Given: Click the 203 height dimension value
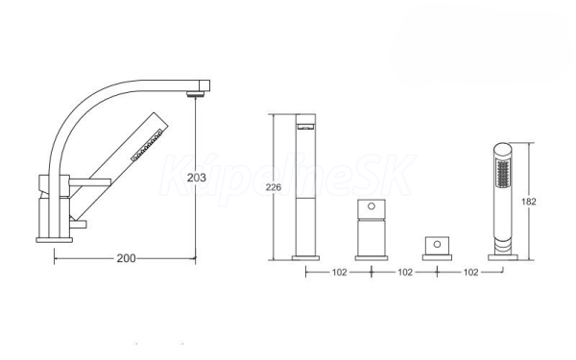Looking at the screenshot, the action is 197,178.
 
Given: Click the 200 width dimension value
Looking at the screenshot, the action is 126,258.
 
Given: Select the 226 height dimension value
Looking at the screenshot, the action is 274,187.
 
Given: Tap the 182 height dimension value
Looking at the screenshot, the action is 529,202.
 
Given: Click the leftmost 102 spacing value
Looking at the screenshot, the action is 339,273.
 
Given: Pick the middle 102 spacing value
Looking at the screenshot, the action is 405,273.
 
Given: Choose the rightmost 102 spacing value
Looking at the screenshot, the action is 470,273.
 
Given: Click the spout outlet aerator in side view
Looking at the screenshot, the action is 195,94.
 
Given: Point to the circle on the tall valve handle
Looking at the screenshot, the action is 372,206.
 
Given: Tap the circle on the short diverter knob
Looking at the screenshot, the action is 437,244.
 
